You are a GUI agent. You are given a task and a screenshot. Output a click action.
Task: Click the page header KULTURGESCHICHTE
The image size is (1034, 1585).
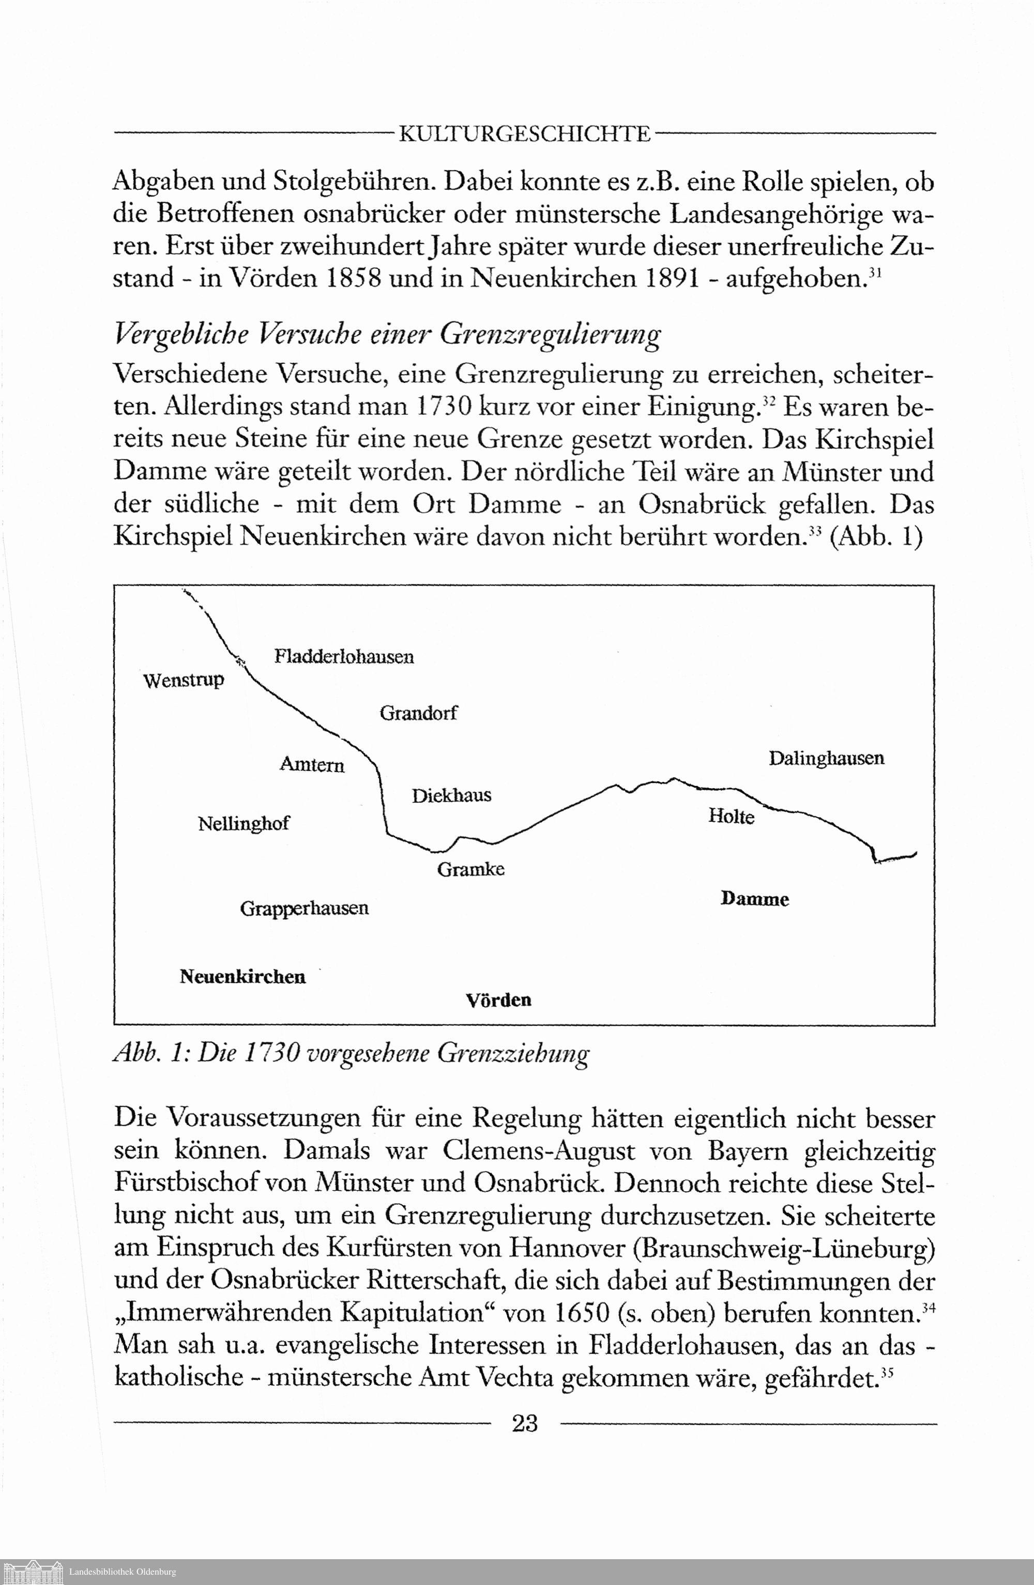524,134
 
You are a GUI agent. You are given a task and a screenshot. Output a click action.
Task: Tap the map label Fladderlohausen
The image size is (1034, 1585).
344,657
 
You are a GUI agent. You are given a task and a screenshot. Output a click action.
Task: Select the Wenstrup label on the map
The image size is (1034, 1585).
184,681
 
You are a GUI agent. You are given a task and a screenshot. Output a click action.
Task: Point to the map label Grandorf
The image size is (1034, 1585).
418,713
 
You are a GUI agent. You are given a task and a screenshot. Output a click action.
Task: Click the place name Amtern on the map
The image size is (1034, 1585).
312,764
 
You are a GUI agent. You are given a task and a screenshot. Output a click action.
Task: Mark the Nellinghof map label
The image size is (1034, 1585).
244,824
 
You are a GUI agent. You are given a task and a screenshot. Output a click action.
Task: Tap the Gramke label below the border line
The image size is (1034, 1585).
470,869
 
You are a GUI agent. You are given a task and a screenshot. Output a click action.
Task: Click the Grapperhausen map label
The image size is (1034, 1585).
305,909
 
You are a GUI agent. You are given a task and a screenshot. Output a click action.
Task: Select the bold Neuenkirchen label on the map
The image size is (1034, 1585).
242,977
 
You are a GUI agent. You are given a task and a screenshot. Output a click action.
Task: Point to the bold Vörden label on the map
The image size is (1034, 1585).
498,1001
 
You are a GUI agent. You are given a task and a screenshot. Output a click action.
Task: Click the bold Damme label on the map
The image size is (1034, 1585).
755,899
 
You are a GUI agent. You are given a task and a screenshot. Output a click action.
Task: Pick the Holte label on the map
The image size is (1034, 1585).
731,817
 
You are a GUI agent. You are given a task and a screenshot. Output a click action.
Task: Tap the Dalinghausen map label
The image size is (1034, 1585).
826,759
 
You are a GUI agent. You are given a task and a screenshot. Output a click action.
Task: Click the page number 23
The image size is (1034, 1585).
525,1423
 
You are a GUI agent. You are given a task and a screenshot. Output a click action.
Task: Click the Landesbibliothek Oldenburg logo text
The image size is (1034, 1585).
123,1572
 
